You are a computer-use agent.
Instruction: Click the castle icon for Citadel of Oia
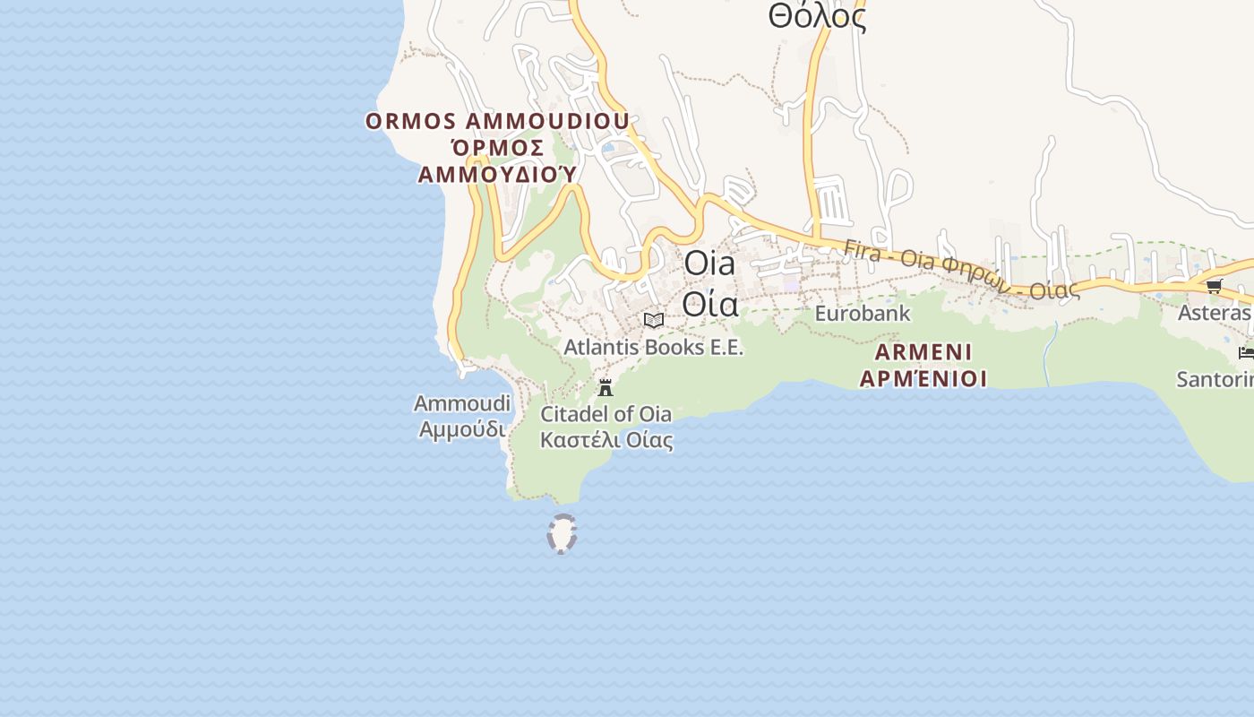606,388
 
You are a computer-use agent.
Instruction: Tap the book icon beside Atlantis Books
654,320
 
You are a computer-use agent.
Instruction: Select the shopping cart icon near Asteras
1214,286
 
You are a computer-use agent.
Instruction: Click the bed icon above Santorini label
1246,352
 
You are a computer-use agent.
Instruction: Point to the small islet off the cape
562,534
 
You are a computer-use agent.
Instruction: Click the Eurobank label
862,314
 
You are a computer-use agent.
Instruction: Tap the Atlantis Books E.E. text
654,347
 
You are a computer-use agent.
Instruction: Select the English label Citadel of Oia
606,414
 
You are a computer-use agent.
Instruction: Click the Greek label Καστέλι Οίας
606,440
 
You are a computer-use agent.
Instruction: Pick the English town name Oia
709,263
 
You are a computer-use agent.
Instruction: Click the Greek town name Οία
709,304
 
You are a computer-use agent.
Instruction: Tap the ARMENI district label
923,351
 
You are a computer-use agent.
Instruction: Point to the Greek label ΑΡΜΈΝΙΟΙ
923,378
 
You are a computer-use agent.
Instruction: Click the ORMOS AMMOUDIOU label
497,121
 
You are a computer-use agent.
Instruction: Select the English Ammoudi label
461,403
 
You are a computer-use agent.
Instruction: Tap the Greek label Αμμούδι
462,429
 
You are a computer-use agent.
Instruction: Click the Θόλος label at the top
817,16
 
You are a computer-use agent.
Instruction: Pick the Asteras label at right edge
1215,313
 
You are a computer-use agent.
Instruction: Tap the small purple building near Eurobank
791,284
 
